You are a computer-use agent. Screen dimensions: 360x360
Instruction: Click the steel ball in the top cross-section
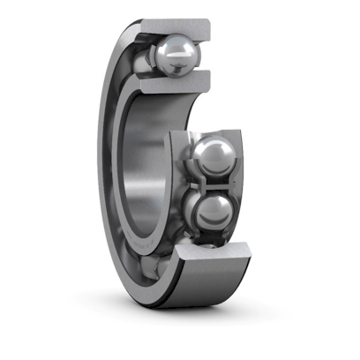[x=174, y=56]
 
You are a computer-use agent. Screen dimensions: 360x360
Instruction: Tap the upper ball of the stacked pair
[x=211, y=158]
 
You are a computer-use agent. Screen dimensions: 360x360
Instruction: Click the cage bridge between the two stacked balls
[x=212, y=183]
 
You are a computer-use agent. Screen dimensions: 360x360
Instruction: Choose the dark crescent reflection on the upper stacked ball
[x=212, y=168]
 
